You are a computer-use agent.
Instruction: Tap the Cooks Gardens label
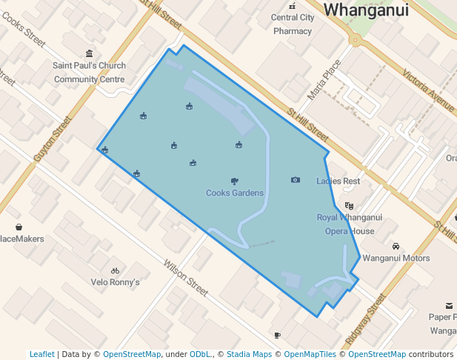point(235,193)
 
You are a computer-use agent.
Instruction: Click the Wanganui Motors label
point(396,259)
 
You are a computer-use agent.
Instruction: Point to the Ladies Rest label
point(338,181)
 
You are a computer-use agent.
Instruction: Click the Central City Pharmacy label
point(293,24)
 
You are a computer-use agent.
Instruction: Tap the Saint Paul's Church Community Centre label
point(89,72)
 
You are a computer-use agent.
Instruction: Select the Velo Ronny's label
point(115,282)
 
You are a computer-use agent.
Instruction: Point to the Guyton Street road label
point(52,139)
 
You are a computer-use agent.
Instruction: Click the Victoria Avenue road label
point(428,90)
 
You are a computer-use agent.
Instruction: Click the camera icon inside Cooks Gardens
point(296,180)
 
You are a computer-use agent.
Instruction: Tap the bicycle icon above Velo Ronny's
point(115,271)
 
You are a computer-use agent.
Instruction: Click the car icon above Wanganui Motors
point(396,247)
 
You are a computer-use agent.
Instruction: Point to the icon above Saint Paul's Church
point(90,53)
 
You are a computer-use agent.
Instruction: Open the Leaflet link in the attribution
point(41,354)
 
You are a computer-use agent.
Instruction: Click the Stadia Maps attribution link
point(249,354)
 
